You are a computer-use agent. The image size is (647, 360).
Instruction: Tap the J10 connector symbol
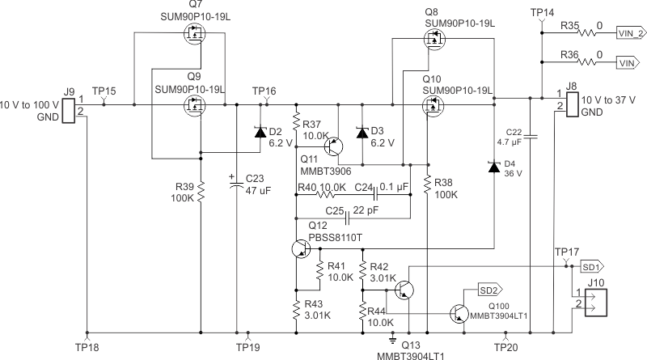tap(594, 299)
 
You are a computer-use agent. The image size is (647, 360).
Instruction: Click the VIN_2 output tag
tap(630, 34)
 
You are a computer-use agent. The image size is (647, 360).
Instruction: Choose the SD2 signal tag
tap(489, 289)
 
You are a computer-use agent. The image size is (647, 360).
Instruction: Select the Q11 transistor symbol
tap(334, 146)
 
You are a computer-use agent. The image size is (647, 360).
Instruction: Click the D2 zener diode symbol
tap(260, 131)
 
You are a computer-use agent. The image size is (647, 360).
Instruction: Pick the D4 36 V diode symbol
tap(493, 167)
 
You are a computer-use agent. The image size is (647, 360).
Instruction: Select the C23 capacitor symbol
tap(237, 185)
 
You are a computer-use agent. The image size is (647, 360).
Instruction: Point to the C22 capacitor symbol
tap(531, 138)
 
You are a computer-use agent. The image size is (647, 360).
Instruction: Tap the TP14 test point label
tap(542, 13)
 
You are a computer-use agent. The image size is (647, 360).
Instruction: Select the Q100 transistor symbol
tap(459, 314)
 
